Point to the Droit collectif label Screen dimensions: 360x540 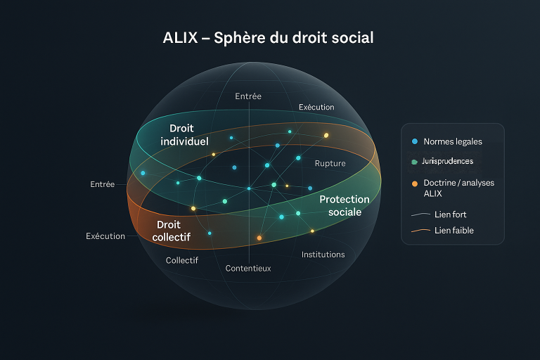pyautogui.click(x=172, y=231)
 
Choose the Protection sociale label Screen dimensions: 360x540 pyautogui.click(x=345, y=205)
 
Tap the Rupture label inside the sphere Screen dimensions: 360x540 pyautogui.click(x=330, y=163)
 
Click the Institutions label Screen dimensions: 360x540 pyautogui.click(x=323, y=254)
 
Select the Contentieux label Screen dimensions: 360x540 pyautogui.click(x=247, y=268)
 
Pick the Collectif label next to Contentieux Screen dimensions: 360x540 pyautogui.click(x=181, y=260)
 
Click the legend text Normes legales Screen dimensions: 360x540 pyautogui.click(x=452, y=141)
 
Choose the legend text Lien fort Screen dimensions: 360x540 pyautogui.click(x=450, y=214)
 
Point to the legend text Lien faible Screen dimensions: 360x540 pyautogui.click(x=454, y=230)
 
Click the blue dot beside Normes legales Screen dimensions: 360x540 pyautogui.click(x=414, y=141)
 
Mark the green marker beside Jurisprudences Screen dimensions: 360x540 pyautogui.click(x=414, y=162)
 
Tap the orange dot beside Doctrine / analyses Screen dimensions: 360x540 pyautogui.click(x=414, y=183)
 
